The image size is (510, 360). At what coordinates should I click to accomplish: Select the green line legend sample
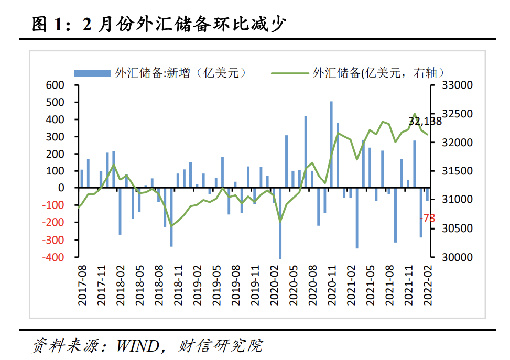[289, 73]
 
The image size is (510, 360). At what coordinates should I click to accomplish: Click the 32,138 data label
[425, 122]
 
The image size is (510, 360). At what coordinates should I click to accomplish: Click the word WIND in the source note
[137, 346]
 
